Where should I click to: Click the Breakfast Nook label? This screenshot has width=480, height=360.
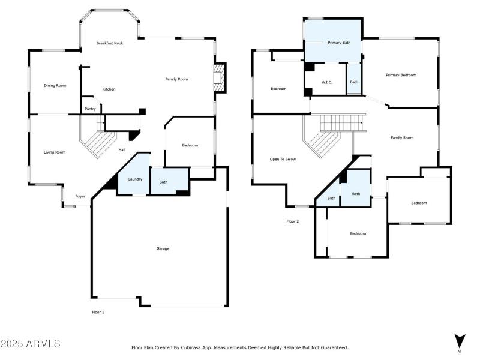click(110, 43)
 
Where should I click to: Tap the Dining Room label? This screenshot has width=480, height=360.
click(55, 85)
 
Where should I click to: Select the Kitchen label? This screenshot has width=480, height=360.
click(109, 89)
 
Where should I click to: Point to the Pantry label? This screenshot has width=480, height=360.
click(91, 109)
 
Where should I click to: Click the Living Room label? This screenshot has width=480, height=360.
click(55, 152)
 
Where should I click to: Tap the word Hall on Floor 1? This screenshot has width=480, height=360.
click(122, 149)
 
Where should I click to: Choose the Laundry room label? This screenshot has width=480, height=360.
click(134, 178)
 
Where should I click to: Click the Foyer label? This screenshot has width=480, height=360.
click(80, 196)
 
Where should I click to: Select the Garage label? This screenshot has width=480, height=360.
click(163, 248)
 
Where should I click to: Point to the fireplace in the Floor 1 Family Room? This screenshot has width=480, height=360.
click(219, 78)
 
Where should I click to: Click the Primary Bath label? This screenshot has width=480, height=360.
click(339, 43)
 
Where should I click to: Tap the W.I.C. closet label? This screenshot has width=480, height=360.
click(327, 82)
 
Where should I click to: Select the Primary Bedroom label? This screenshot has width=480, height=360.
click(401, 75)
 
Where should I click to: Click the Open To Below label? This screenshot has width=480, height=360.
click(283, 159)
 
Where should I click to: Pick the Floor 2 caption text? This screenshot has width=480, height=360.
click(292, 221)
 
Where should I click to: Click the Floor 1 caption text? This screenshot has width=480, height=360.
click(98, 312)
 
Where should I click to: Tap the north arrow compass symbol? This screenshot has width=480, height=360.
click(459, 341)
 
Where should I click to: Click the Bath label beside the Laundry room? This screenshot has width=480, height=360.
click(163, 182)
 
